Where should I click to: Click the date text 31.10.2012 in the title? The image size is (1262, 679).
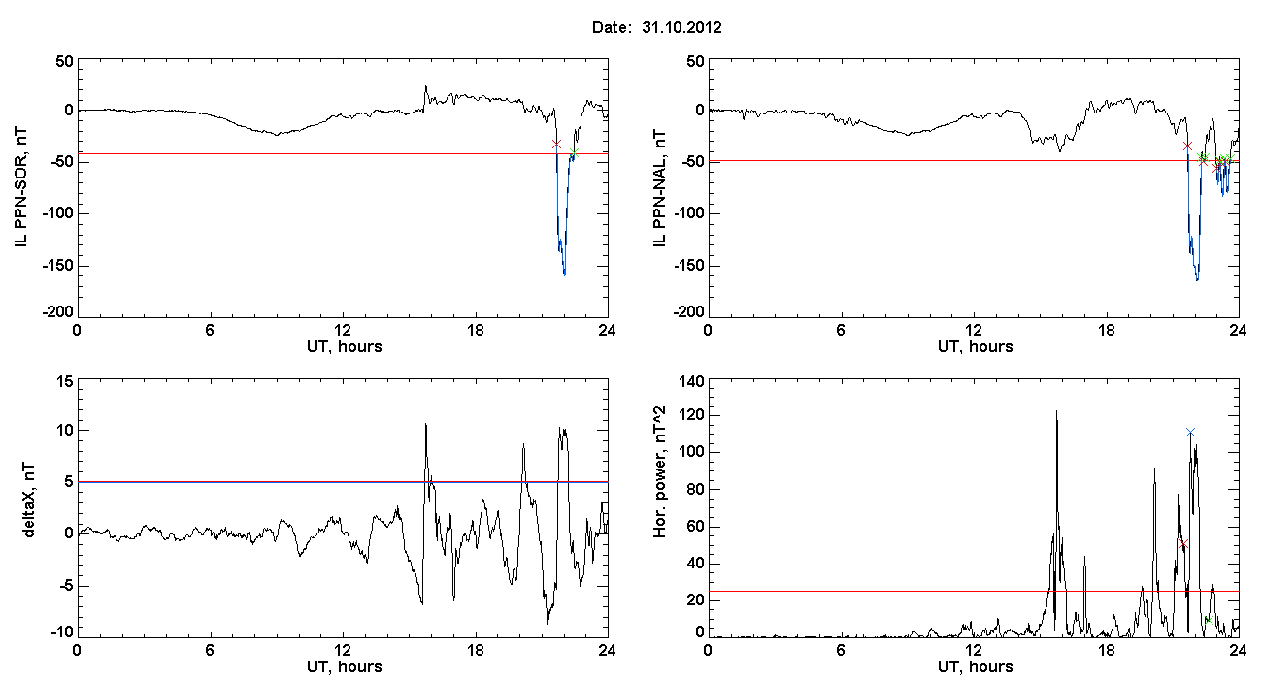coord(681,27)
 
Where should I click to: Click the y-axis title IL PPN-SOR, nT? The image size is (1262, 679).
coord(20,187)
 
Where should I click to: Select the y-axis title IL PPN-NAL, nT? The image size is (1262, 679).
coord(659,187)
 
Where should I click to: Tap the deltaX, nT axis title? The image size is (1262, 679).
coord(28,500)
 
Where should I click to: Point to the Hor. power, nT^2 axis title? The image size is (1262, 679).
coord(659,471)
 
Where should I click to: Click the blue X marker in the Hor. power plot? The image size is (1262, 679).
coord(1190,433)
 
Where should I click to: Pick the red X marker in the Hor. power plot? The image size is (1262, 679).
coord(1183,544)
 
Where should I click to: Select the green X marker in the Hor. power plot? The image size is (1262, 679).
coord(1209,620)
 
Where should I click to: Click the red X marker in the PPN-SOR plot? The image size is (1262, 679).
coord(556,145)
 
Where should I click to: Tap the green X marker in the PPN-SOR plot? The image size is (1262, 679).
coord(574,152)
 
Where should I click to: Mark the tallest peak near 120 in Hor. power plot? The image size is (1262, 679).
coord(1056,411)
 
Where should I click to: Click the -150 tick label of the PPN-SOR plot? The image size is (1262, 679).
coord(57,265)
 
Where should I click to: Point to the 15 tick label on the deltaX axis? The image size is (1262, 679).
coord(65,382)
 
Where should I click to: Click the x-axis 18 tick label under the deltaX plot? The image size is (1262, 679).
coord(475,650)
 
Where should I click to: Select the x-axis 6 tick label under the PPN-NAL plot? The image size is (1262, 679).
coord(841,330)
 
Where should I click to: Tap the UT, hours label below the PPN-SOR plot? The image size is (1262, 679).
coord(345,346)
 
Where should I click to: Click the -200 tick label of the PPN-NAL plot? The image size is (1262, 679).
coord(688,311)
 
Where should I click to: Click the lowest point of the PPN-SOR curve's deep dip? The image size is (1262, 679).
coord(565,275)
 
